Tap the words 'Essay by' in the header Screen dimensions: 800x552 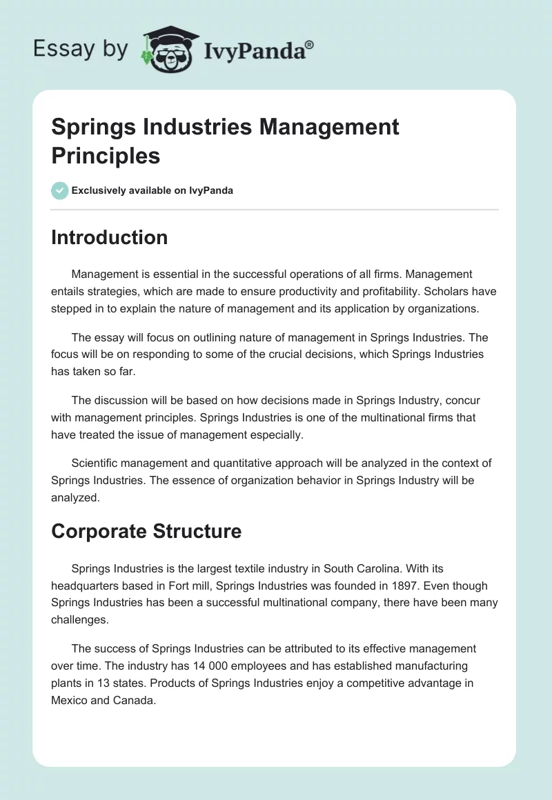point(81,49)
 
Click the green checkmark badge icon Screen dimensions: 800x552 point(60,190)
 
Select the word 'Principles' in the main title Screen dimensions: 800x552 point(106,155)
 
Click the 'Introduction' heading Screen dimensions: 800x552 point(109,237)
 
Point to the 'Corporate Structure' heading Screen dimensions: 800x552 point(146,531)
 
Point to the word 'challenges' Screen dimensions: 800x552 point(79,620)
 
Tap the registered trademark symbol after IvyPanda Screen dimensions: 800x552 point(310,44)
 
